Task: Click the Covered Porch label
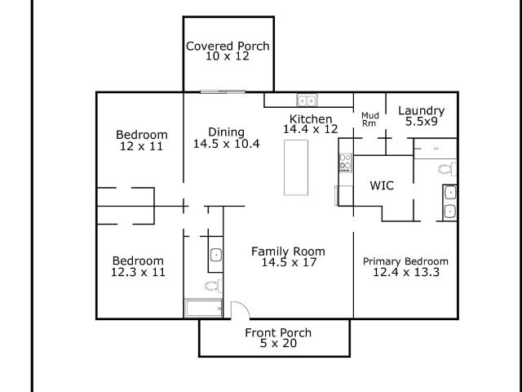228,46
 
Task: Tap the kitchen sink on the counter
307,100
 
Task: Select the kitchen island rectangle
296,167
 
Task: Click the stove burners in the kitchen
346,163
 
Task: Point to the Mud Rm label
369,119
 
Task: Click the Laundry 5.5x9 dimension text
422,122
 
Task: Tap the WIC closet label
382,185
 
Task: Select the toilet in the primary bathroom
447,169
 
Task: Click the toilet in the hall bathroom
213,286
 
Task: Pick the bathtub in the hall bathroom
204,308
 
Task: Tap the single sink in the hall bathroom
216,256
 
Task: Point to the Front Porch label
278,332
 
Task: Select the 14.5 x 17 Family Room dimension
289,262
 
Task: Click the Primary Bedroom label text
405,261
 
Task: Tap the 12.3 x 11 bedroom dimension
138,272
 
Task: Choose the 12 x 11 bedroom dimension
141,146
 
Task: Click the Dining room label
227,132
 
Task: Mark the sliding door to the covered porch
223,91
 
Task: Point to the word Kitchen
311,119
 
